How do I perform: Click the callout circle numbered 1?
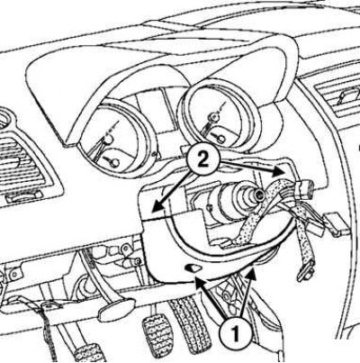[x=236, y=332]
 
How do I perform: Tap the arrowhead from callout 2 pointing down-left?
[x=157, y=208]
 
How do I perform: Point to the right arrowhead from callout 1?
[x=251, y=273]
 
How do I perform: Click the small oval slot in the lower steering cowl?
[x=193, y=268]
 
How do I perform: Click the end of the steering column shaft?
[x=258, y=195]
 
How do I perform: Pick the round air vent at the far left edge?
[x=4, y=120]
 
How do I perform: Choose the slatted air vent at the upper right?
[x=338, y=98]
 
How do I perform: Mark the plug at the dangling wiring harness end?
[x=306, y=271]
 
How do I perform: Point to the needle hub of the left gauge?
[x=108, y=140]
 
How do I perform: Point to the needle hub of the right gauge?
[x=214, y=116]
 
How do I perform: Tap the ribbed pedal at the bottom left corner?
[x=88, y=354]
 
